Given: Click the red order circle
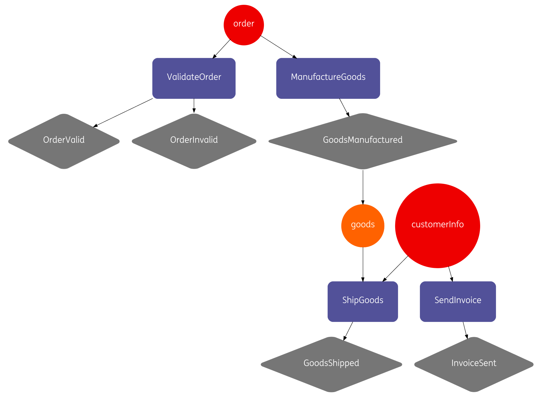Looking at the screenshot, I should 244,25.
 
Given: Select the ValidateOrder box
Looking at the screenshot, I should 194,78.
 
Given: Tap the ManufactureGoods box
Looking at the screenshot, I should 328,78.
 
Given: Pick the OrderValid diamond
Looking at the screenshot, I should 64,141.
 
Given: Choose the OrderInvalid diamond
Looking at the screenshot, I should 194,141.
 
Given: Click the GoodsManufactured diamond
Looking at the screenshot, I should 363,141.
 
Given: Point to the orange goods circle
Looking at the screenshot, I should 363,225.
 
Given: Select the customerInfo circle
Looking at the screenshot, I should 437,225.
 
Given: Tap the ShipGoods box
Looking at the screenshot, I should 363,301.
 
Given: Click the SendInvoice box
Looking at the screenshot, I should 458,301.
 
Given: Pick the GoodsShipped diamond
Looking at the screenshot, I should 331,364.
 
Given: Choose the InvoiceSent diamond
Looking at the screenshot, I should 474,364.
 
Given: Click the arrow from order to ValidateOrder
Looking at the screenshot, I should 222,49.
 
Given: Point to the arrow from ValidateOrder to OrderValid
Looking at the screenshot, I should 123,113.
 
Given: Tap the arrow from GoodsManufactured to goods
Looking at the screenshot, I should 363,187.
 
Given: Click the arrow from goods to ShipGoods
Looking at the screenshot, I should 363,264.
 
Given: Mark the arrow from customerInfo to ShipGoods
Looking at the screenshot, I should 395,268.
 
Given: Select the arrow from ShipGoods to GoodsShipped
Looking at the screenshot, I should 348,331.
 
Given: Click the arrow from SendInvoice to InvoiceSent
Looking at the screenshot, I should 465,330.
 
